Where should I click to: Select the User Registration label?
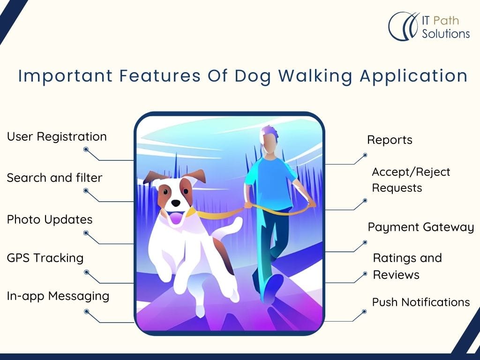coord(57,137)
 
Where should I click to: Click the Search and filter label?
coord(54,178)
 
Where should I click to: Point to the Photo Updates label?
coord(50,220)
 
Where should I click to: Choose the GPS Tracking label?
coord(45,258)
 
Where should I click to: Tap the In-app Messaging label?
coord(58,296)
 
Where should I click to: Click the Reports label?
coord(390,140)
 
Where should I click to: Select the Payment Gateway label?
coord(420,227)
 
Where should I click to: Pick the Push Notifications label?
coord(421,302)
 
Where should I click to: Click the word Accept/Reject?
coord(411,172)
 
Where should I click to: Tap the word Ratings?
coord(394,259)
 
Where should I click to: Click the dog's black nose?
coord(176,203)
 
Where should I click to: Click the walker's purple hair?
coord(269,134)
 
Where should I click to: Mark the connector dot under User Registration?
coord(86,150)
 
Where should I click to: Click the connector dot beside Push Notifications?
coord(364,312)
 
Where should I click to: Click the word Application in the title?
coord(413,76)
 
